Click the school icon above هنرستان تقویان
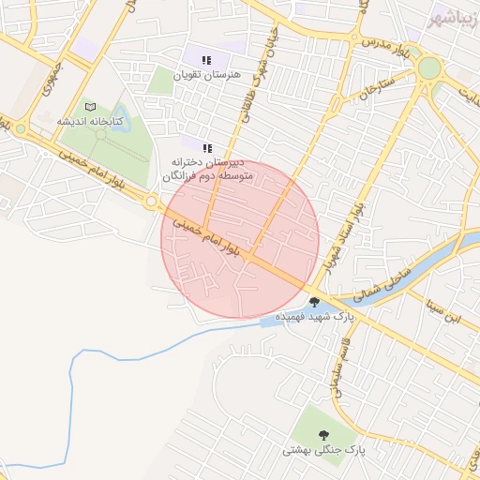206,60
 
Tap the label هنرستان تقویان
207,74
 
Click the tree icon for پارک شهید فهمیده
313,302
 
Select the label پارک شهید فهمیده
345,317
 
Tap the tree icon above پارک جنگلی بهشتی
324,435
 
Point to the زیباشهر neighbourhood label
454,20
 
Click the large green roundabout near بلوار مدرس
429,67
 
